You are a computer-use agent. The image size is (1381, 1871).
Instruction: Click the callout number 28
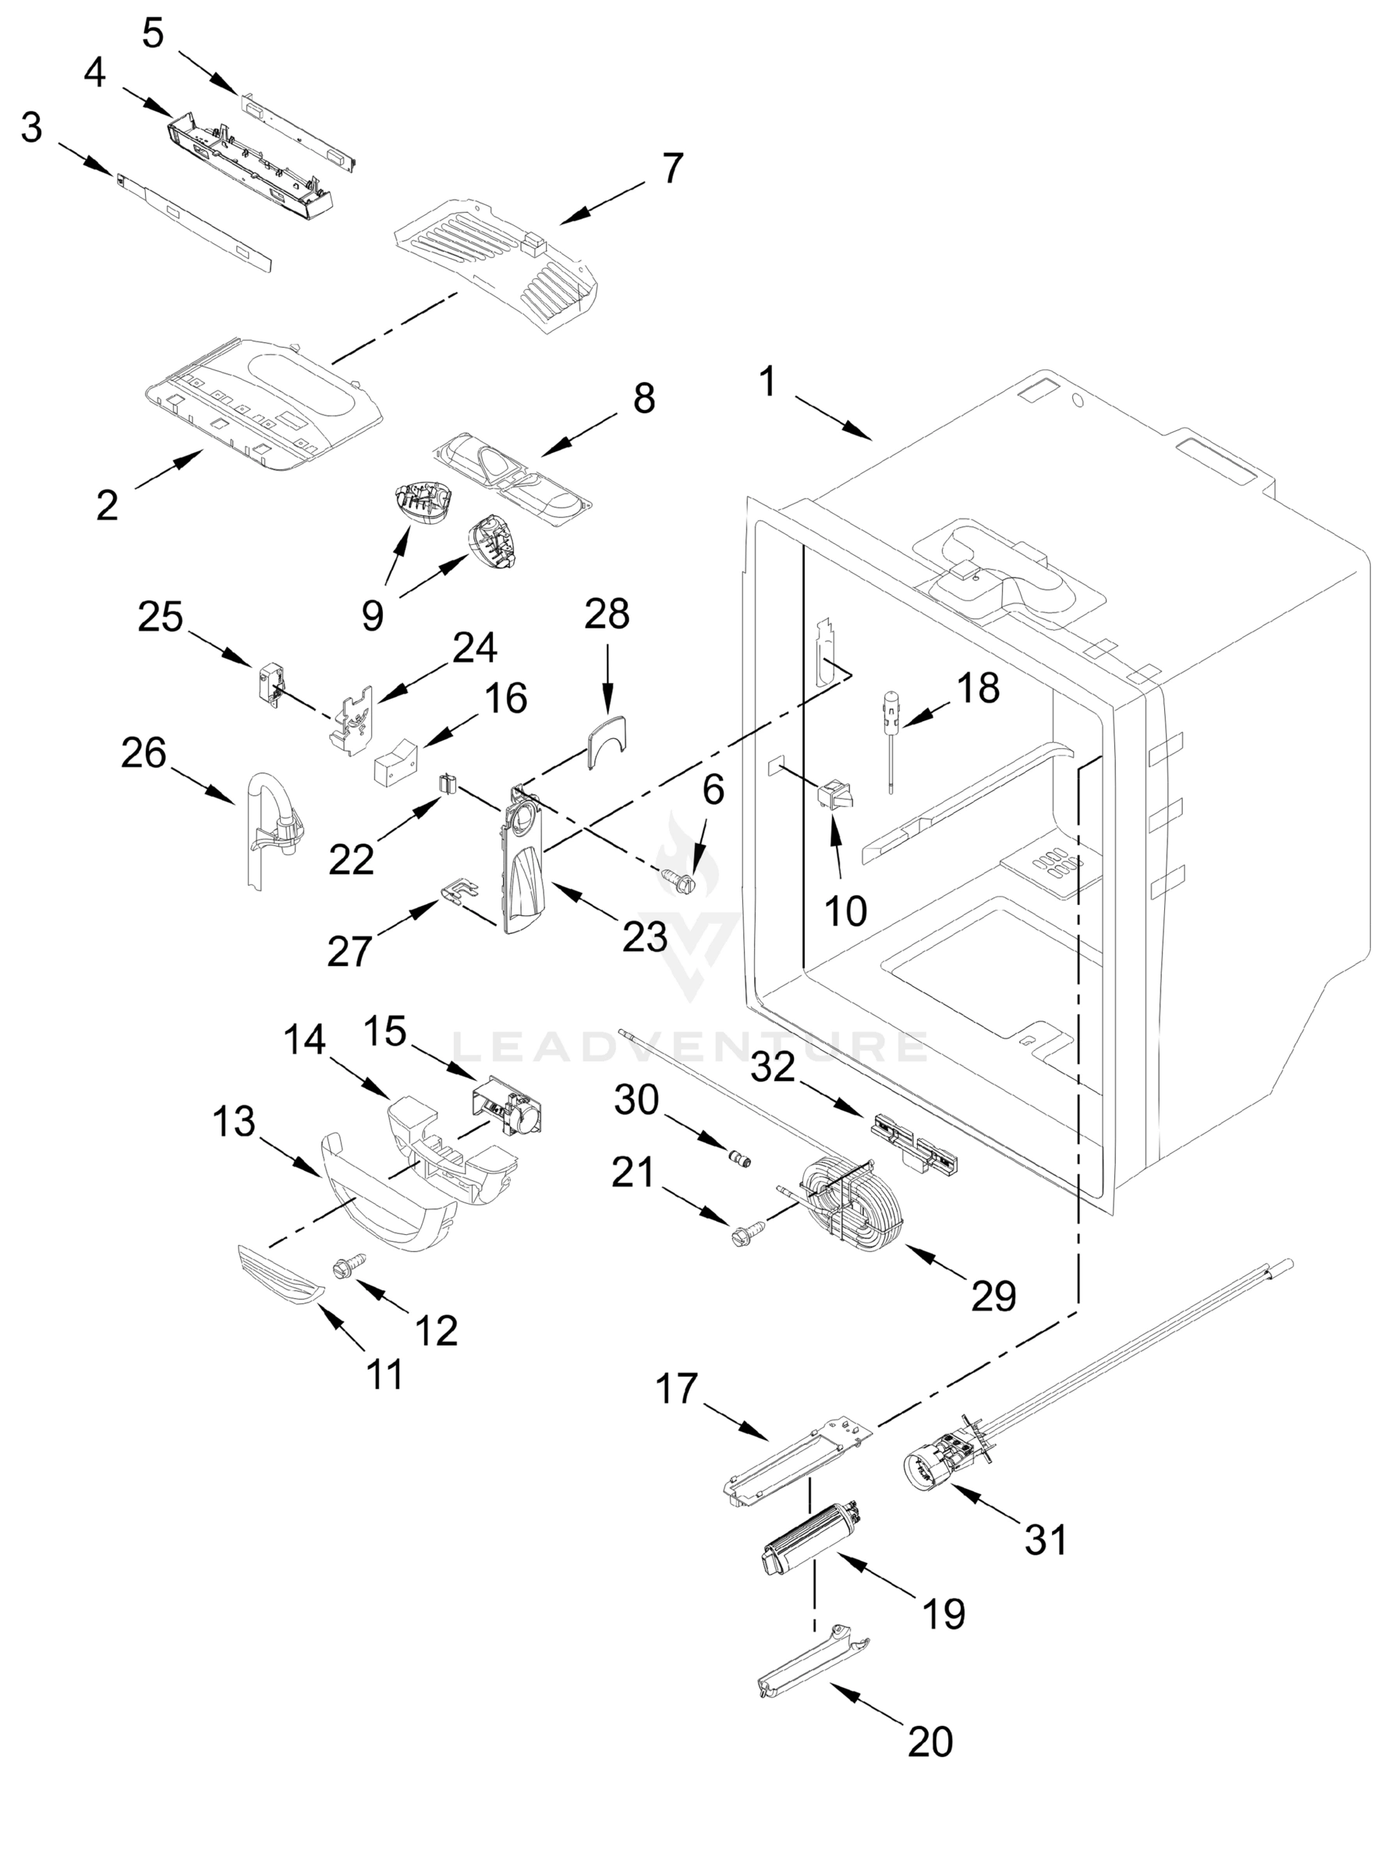606,615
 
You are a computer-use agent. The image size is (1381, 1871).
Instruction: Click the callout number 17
675,1389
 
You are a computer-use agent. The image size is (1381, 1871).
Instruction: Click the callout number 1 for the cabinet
767,384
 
